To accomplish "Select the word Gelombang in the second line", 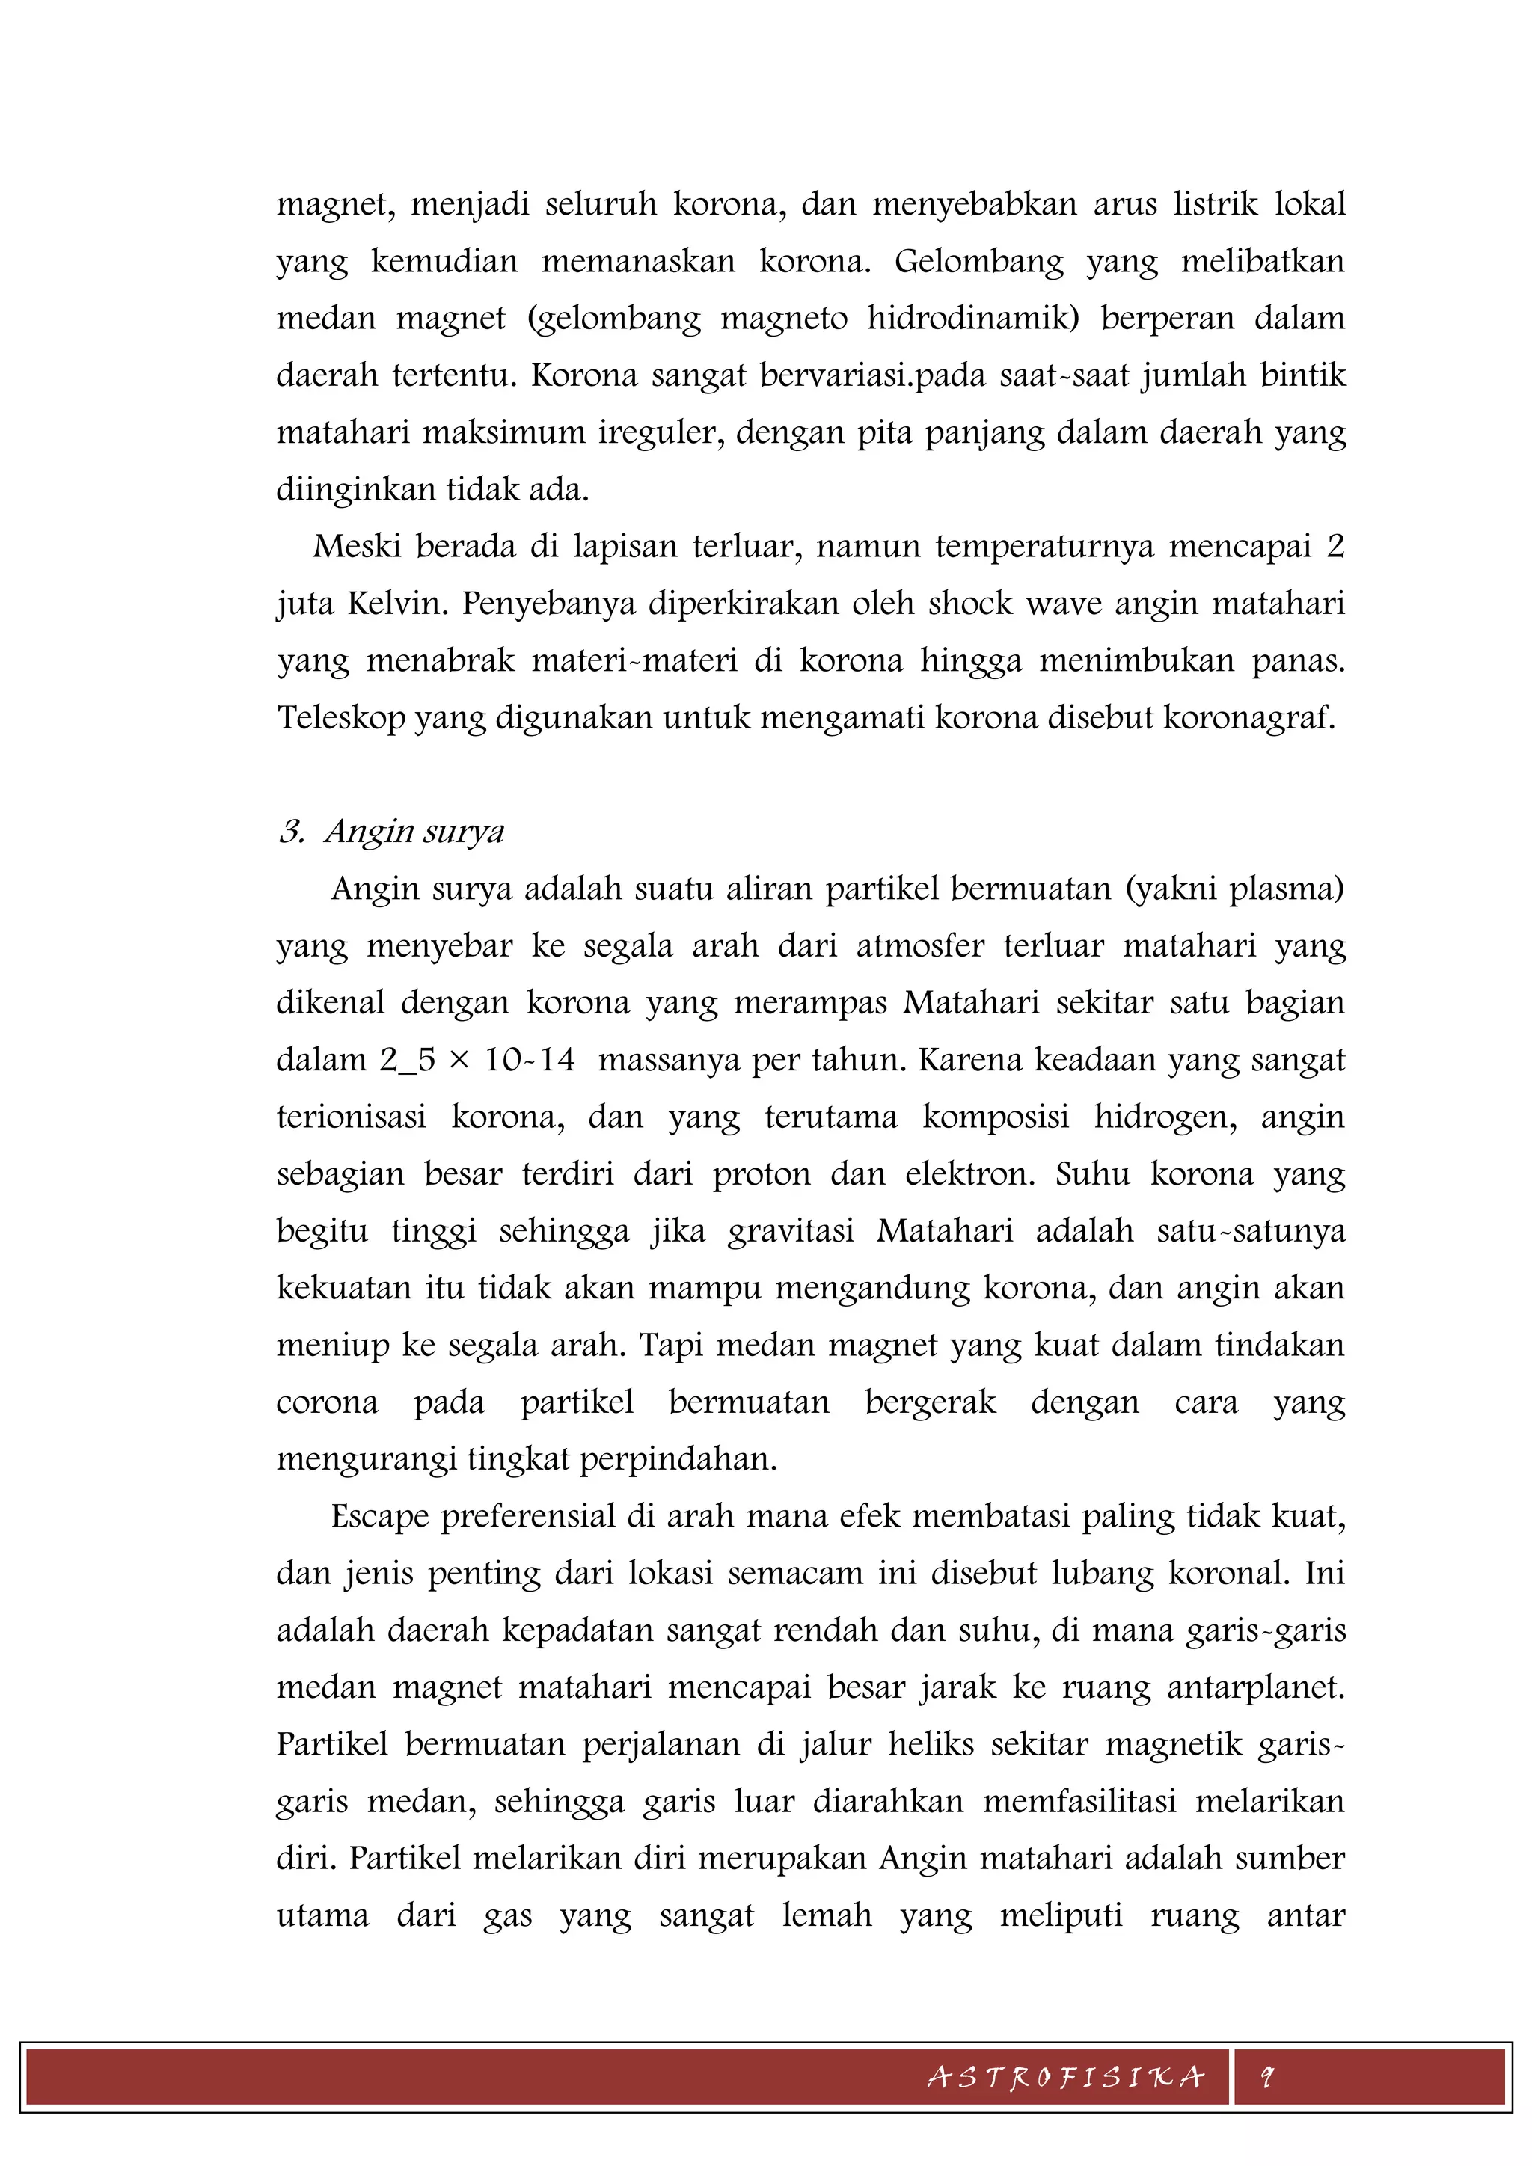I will tap(978, 261).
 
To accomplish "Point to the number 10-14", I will tap(529, 1061).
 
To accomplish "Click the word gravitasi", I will tap(791, 1232).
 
